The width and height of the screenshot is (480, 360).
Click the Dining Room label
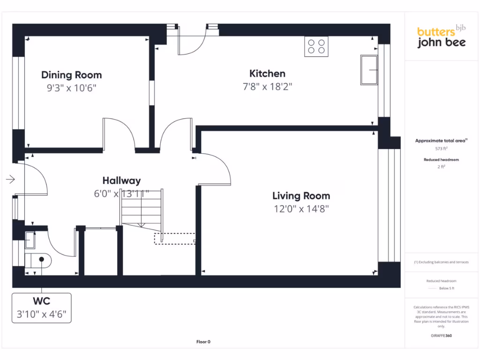click(x=71, y=75)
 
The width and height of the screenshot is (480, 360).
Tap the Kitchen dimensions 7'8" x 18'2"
click(x=267, y=87)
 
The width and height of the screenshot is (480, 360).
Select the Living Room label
click(x=301, y=196)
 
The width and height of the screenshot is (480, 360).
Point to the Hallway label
click(x=121, y=180)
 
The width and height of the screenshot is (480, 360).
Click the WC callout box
click(x=42, y=307)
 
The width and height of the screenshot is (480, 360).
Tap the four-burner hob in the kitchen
click(x=316, y=46)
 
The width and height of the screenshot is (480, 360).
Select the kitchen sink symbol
click(x=369, y=70)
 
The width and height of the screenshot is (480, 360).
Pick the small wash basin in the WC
click(x=30, y=240)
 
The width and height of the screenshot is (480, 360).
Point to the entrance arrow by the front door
click(x=10, y=179)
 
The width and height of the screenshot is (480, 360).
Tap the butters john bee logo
click(x=441, y=37)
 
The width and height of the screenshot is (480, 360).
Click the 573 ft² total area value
click(x=441, y=149)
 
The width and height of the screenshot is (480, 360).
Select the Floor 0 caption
click(x=203, y=342)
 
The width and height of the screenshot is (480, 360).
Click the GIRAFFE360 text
click(x=441, y=336)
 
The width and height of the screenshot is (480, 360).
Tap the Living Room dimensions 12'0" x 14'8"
click(x=301, y=209)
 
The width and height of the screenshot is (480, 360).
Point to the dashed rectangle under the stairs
click(x=174, y=239)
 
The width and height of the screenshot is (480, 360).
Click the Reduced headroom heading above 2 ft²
click(x=441, y=160)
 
